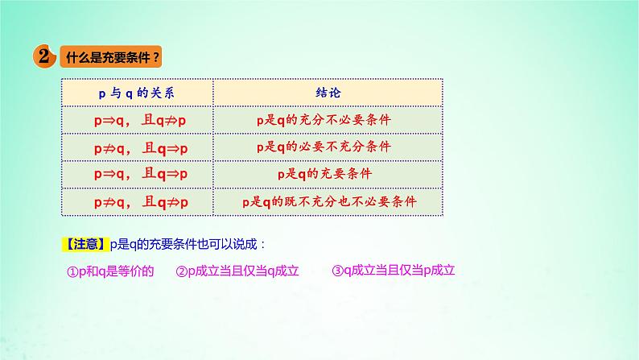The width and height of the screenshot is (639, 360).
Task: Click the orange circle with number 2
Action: tap(43, 56)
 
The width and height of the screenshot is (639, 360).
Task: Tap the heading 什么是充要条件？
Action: tap(111, 58)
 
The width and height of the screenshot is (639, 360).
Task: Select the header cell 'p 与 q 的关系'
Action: tap(136, 92)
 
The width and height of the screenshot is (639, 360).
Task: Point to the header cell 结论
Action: tap(328, 92)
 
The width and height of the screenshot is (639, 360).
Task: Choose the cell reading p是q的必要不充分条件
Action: tap(328, 147)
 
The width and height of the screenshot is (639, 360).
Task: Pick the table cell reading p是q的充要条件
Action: tap(328, 173)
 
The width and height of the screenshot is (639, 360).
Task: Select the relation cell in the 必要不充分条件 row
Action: tap(136, 147)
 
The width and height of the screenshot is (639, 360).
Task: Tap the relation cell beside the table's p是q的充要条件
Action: tap(136, 173)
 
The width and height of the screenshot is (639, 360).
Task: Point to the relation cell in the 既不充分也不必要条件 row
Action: tap(136, 201)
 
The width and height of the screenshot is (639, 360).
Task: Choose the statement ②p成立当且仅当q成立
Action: tap(237, 271)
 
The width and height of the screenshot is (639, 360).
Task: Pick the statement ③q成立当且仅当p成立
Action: tap(394, 271)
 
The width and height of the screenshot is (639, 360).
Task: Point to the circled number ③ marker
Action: tap(337, 271)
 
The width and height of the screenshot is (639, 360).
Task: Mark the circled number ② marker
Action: tap(181, 271)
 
